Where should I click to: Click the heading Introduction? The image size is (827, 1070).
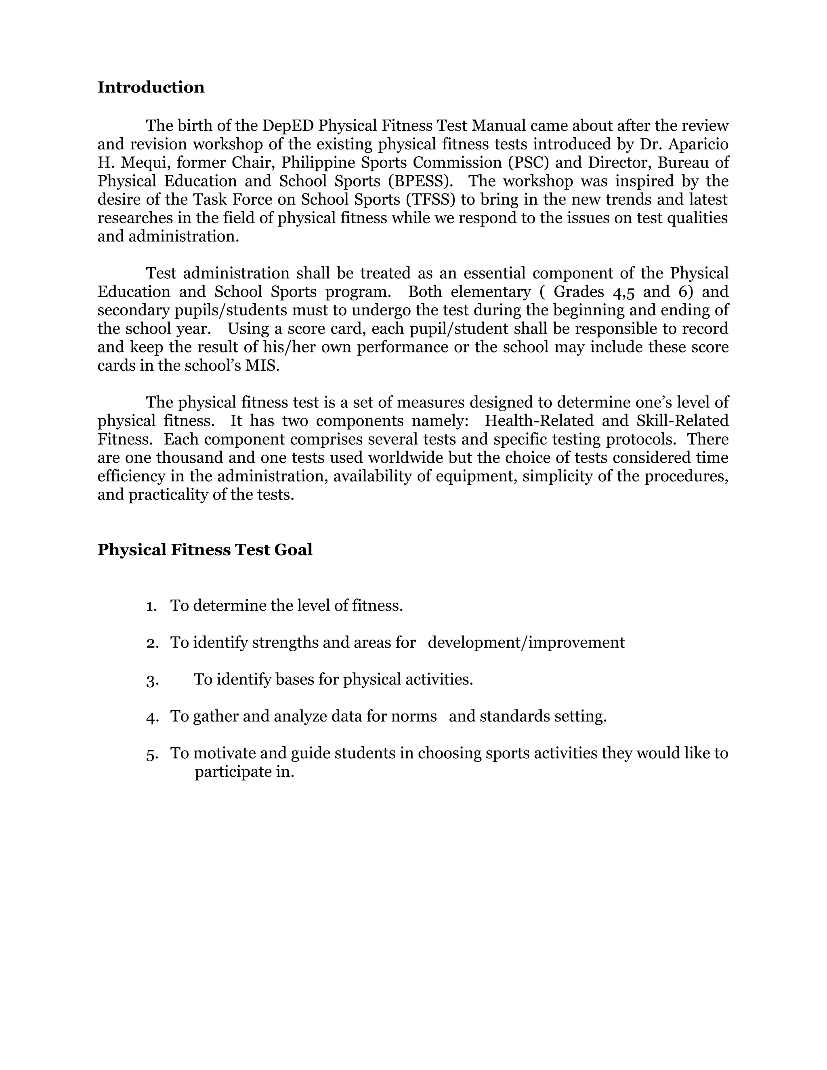click(x=151, y=87)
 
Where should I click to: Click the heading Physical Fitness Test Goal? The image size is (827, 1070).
click(x=205, y=550)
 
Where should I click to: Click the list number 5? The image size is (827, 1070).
click(x=152, y=754)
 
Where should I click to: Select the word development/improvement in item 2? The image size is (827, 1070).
click(x=526, y=643)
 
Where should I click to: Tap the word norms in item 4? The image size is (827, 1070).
click(x=413, y=717)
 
